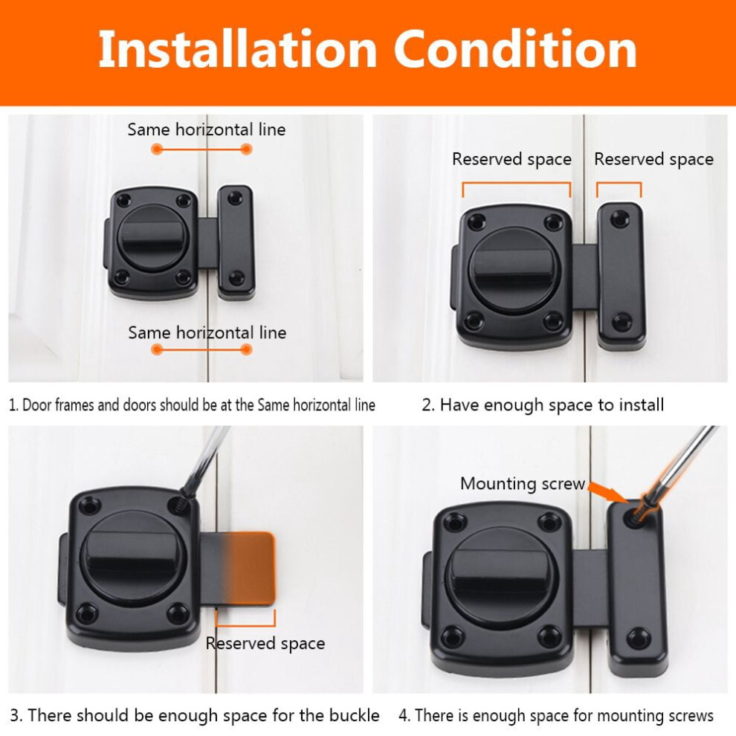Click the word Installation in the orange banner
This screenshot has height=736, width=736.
pyautogui.click(x=237, y=49)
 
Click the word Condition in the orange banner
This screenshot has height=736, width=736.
pyautogui.click(x=515, y=49)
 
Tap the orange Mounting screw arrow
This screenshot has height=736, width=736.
pyautogui.click(x=609, y=492)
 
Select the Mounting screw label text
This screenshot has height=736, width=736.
pyautogui.click(x=523, y=483)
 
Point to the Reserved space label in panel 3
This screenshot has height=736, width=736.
pyautogui.click(x=265, y=644)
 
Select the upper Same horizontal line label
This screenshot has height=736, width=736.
pyautogui.click(x=207, y=129)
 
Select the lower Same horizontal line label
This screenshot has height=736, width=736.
pyautogui.click(x=207, y=333)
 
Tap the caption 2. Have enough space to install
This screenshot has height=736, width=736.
pyautogui.click(x=543, y=404)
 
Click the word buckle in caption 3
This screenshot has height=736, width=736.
pyautogui.click(x=354, y=715)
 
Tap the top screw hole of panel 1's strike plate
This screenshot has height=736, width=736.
pyautogui.click(x=235, y=198)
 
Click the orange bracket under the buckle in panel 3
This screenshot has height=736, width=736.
pyautogui.click(x=245, y=619)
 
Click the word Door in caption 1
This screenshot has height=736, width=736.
pyautogui.click(x=37, y=405)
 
